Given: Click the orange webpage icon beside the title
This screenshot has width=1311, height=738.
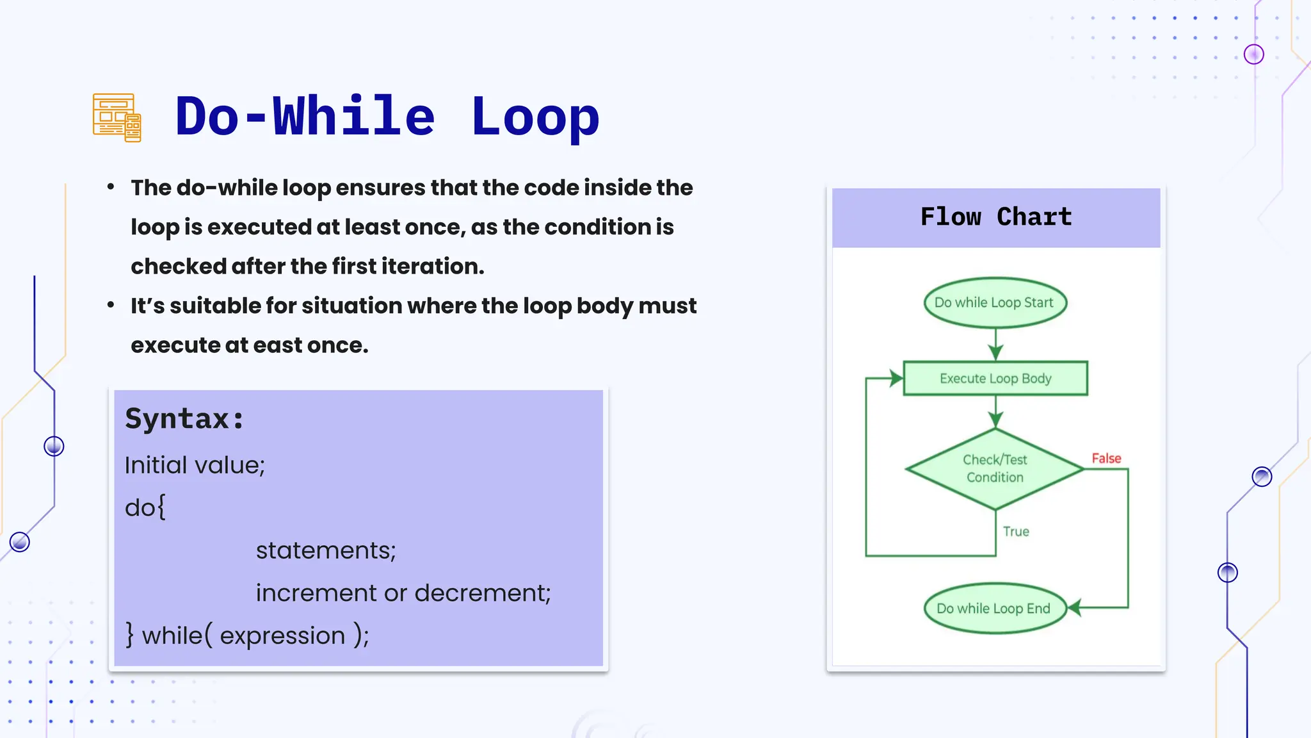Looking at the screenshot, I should tap(117, 117).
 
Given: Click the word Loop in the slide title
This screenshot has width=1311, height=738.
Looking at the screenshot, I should tap(535, 117).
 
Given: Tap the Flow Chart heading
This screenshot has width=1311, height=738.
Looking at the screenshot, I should tap(995, 217).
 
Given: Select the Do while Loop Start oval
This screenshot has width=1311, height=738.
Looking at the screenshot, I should tap(995, 302).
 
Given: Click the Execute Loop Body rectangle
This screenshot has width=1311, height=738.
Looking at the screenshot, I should tap(995, 379).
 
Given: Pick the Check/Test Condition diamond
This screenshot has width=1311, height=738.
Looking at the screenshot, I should tap(995, 468).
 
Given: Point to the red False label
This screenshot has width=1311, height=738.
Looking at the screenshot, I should tap(1106, 458).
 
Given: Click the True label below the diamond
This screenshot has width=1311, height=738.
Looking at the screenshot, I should tap(1016, 532).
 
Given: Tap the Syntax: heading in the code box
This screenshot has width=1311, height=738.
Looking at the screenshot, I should tap(184, 419).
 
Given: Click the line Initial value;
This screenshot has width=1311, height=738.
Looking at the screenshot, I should tap(195, 465).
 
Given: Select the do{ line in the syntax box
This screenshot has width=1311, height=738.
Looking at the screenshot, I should tap(145, 507).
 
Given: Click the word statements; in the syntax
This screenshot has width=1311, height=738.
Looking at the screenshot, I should tap(326, 550).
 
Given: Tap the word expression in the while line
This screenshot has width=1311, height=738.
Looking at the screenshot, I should tap(282, 635).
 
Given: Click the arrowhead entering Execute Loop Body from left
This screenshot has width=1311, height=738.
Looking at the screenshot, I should tap(896, 378).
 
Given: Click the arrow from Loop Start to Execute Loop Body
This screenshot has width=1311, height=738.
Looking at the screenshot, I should tap(995, 345).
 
